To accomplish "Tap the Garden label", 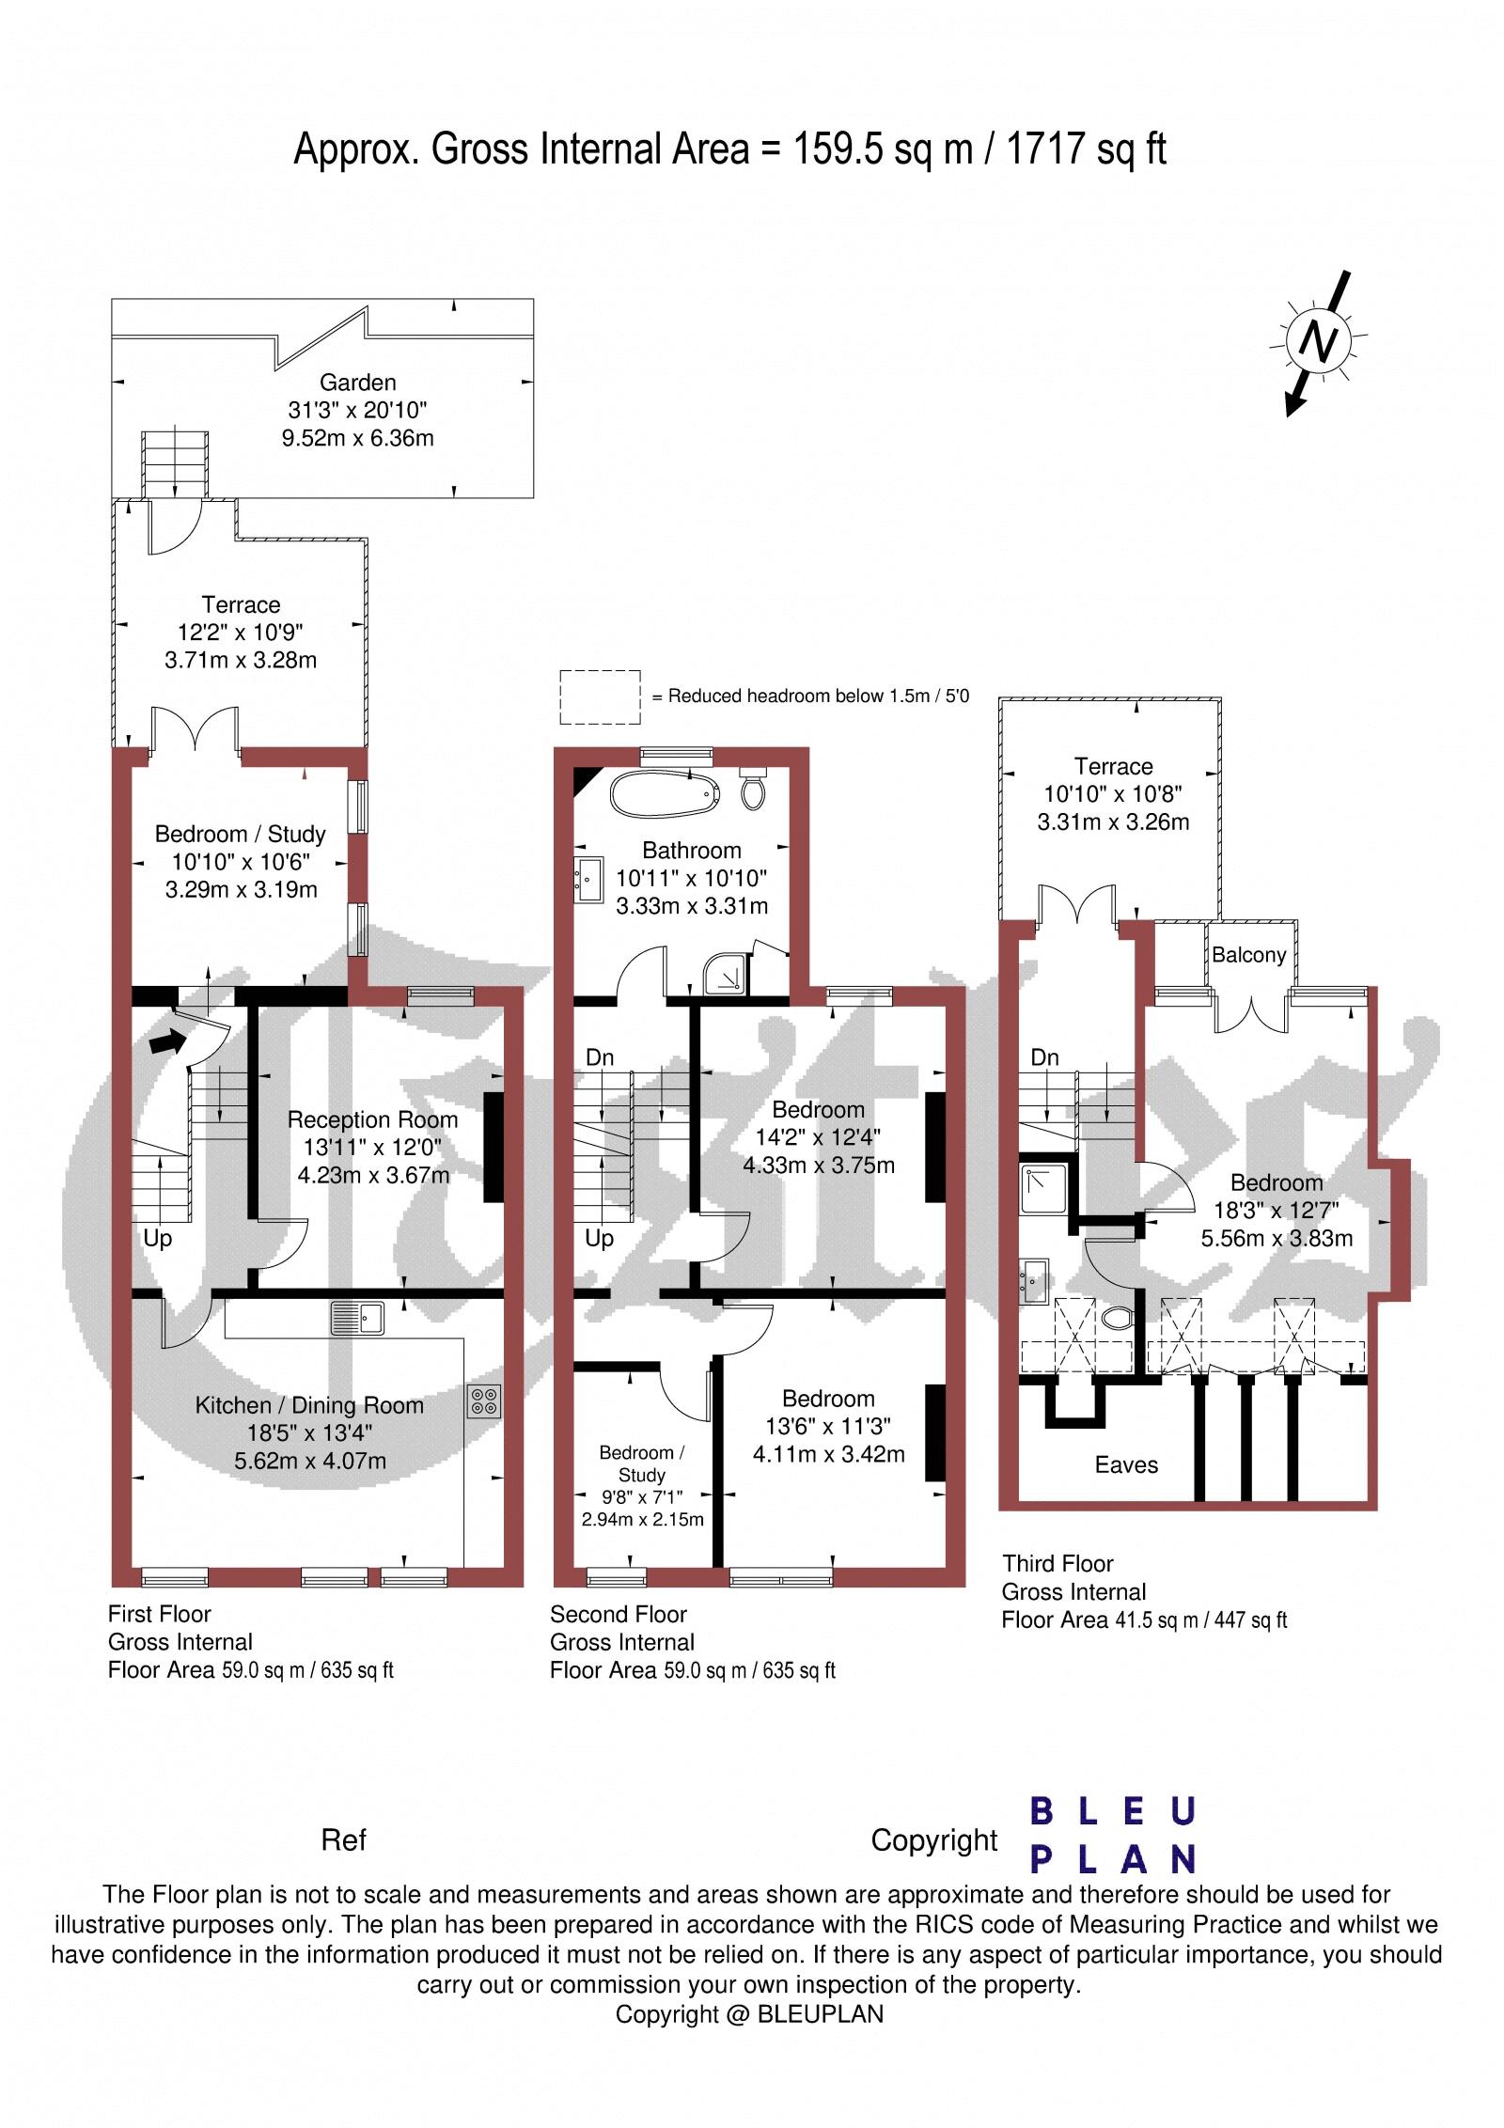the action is [357, 383].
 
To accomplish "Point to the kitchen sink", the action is [356, 1318].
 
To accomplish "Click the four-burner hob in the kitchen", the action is [485, 1402].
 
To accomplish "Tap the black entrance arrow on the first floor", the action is [166, 1041].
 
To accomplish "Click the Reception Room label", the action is [372, 1119].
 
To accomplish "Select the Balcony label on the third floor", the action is [1248, 955].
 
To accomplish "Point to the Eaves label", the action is [1126, 1464].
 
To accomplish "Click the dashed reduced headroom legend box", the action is [601, 697].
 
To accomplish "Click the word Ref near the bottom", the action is [343, 1839].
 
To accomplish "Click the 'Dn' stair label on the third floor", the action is [1044, 1057].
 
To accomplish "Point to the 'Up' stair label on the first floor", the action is [157, 1238].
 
